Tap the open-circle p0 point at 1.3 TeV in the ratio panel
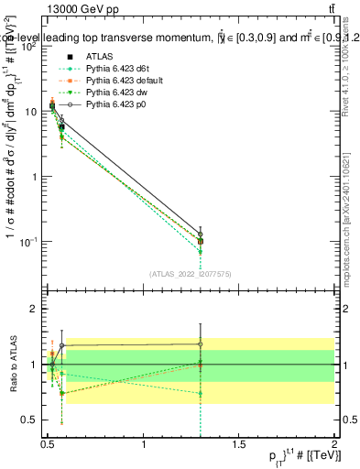point(200,344)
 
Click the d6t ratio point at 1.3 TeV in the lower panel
point(200,393)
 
